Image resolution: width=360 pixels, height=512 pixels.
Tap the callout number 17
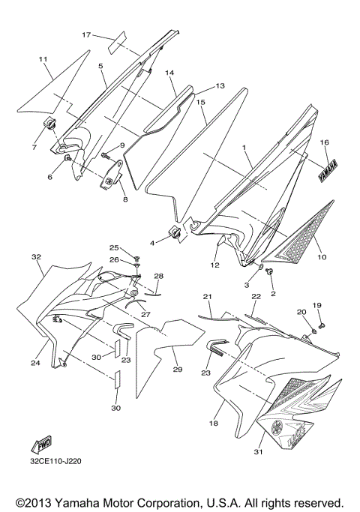point(86,34)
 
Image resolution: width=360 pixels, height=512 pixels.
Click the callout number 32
point(35,256)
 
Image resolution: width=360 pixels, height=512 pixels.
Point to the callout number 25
point(113,247)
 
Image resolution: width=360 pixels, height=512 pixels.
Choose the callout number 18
point(213,424)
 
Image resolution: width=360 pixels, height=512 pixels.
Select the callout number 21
point(207,297)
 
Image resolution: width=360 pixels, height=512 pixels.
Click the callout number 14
point(169,73)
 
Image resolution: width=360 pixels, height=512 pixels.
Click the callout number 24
point(35,363)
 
